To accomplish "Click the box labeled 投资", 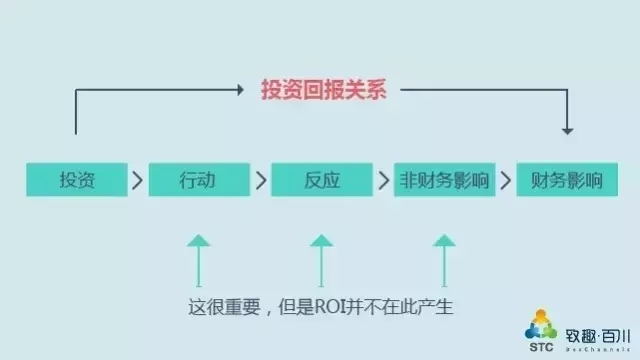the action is pos(77,180).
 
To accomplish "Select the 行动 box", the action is pos(199,180).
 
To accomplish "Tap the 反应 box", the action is pos(322,180).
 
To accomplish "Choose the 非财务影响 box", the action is pos(444,180).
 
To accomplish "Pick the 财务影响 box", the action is pos(567,180).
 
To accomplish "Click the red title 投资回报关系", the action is pos(324,89).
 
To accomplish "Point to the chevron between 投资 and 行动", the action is pos(138,180).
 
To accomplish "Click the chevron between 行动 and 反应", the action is pos(261,180).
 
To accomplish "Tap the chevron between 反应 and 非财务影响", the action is pos(384,180).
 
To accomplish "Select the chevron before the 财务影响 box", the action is pos(506,180).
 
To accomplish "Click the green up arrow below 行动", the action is pos(199,260).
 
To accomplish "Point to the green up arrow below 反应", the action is pos(321,260).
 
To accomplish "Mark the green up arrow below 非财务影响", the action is pos(444,260).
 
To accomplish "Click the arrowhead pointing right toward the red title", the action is pos(241,90).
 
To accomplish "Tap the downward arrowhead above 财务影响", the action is pos(567,131).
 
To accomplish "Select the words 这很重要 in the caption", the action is pos(224,307).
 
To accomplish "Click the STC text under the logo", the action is pos(541,347).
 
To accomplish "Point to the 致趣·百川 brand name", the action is pos(598,336).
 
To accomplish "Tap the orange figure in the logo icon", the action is pos(541,317).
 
